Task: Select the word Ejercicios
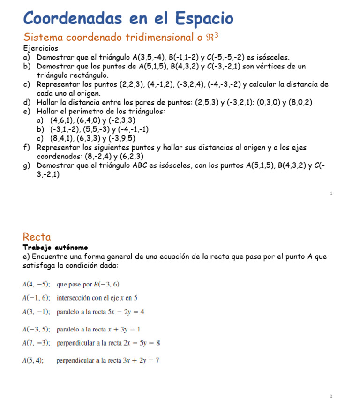point(41,48)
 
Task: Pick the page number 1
point(331,193)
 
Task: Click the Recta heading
point(37,237)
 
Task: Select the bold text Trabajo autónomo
point(55,247)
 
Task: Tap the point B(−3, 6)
point(107,284)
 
